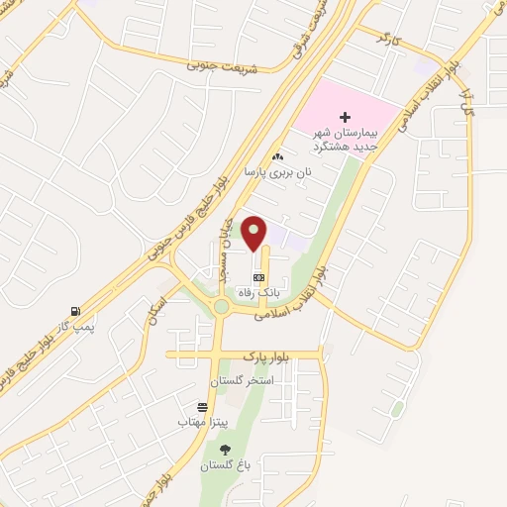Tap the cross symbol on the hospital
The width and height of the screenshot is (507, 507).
[345, 117]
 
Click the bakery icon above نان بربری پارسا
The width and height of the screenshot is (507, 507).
[278, 156]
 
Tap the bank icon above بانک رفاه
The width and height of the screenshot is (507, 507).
[259, 278]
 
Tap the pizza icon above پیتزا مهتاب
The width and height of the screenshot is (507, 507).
[203, 407]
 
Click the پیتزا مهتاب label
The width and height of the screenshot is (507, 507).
[204, 423]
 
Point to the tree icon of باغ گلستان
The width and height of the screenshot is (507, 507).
[225, 450]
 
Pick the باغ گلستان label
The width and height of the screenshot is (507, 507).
[226, 465]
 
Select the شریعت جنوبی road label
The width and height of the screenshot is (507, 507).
[223, 64]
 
